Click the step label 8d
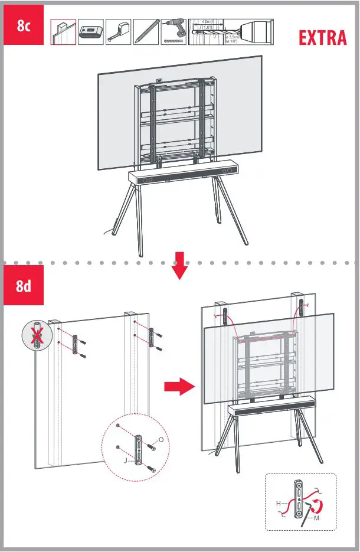(x=24, y=288)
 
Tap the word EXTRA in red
(x=322, y=38)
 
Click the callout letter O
(x=163, y=439)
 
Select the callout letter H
(x=278, y=504)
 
